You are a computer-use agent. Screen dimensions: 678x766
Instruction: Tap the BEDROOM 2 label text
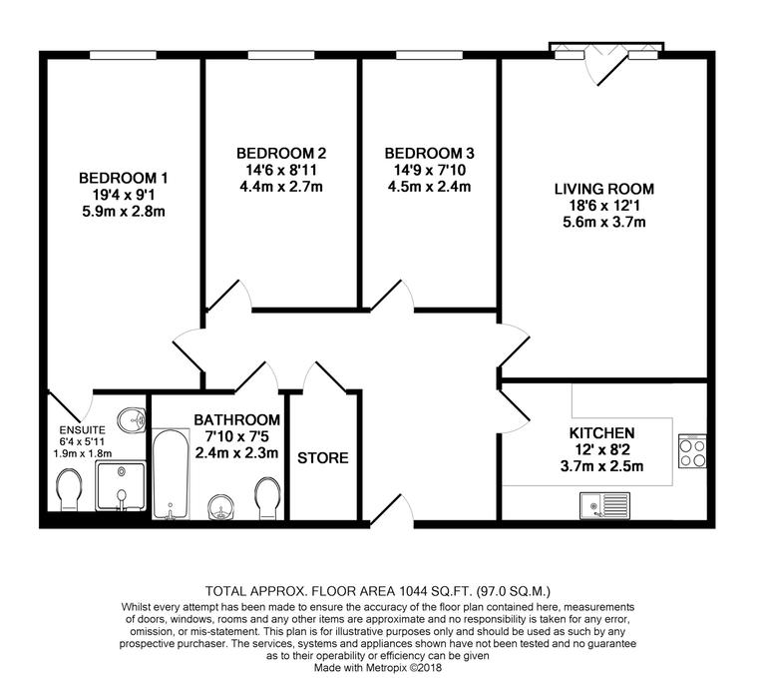click(x=281, y=154)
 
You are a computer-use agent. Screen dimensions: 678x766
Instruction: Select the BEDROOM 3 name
click(x=430, y=154)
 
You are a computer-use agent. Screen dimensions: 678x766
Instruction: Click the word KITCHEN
click(x=602, y=433)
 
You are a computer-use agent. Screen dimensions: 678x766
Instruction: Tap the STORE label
click(x=323, y=458)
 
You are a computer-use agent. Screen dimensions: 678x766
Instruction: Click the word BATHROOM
click(x=236, y=420)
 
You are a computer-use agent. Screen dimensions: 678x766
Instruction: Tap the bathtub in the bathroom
click(x=173, y=475)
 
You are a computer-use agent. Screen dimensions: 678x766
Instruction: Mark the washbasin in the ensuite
click(x=128, y=417)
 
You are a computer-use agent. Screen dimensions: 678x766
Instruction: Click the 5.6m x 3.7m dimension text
click(x=604, y=223)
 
